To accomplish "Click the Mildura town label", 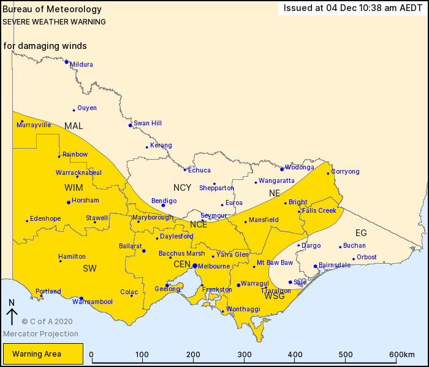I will [82, 64].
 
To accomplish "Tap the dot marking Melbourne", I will [194, 265].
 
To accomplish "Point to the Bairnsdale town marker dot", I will [315, 266].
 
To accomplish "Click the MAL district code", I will [74, 126].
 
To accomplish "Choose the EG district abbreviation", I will [361, 232].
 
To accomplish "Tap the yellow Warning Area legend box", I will [43, 354].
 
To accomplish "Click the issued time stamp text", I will [352, 8].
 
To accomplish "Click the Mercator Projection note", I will [40, 334].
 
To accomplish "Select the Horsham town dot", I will [69, 202].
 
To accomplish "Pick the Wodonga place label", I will [300, 167].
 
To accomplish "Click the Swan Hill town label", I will [148, 123].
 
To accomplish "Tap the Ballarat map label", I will [130, 245].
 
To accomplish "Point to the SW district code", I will [89, 268].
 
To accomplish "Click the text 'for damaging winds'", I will [45, 46].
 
